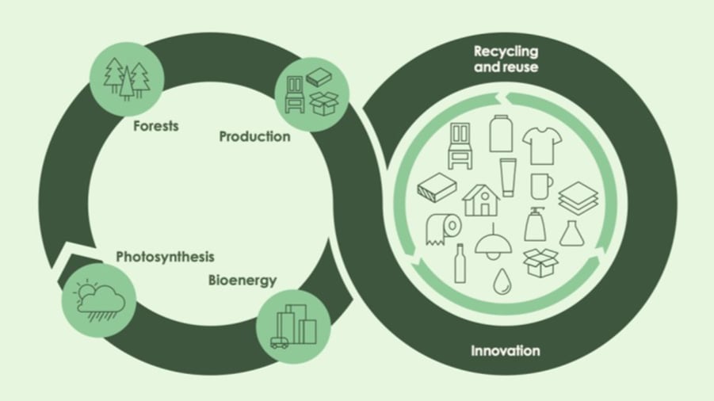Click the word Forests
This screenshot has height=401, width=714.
[156, 126]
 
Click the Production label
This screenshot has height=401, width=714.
[254, 136]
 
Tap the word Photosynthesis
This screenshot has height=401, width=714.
[165, 258]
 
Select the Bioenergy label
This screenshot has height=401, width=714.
[242, 280]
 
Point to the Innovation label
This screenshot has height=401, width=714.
[506, 350]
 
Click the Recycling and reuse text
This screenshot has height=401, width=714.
[506, 59]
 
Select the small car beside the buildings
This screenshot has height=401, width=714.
[279, 342]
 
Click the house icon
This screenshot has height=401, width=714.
[480, 200]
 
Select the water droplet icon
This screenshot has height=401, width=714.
[501, 282]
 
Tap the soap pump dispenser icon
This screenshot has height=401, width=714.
[535, 223]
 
